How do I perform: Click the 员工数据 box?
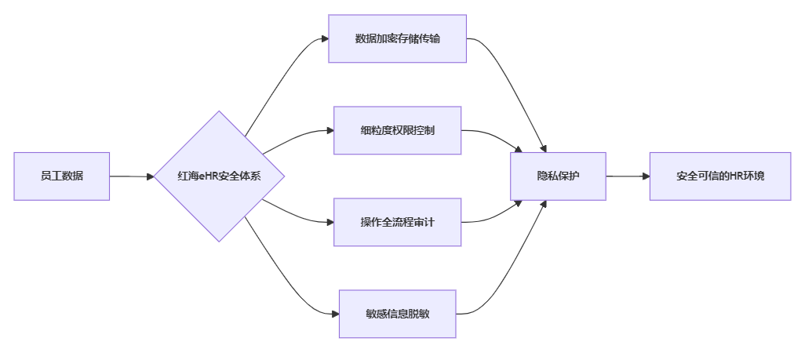[62, 176]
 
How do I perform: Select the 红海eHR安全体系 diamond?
[219, 176]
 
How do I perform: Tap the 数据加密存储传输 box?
[397, 38]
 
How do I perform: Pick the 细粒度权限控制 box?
[397, 130]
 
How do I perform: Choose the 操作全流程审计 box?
[397, 222]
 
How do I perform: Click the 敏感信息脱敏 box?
[397, 314]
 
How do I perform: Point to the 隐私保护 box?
[558, 176]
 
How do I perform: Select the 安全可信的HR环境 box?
[720, 176]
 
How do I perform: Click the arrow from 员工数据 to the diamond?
[131, 176]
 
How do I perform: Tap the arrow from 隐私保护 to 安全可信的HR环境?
[628, 176]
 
